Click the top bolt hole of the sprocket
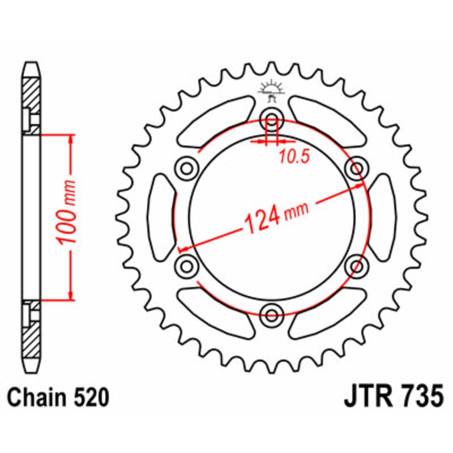click(x=272, y=120)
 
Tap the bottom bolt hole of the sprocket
click(x=272, y=314)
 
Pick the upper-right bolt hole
click(x=357, y=168)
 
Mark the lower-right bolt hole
click(x=357, y=265)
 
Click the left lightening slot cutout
click(x=161, y=217)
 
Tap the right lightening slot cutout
click(x=383, y=217)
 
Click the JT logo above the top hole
click(x=272, y=90)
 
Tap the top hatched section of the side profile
click(x=32, y=93)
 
